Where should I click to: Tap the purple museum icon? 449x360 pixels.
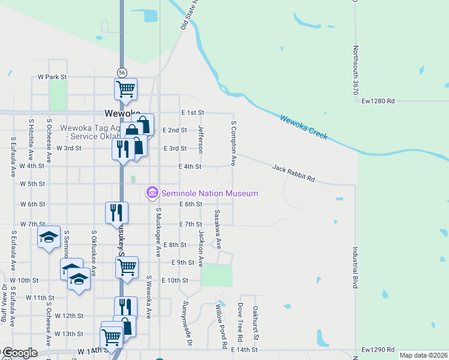pos(152,193)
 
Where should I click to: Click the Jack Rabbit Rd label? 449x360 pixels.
pos(294,174)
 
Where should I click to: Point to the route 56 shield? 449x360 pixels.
pos(122,71)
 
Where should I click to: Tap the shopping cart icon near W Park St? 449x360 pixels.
pos(126,89)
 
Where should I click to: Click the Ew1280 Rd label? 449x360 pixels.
pos(378,101)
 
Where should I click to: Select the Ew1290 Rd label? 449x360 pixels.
pos(378,350)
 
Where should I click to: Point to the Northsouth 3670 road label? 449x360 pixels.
pos(355,70)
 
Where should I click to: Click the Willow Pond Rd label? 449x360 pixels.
pos(220,327)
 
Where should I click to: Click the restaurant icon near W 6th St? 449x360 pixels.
pos(116,212)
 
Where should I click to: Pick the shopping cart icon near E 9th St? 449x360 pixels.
pos(127,268)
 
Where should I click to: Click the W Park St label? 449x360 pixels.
pos(52,77)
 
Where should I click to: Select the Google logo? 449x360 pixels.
pos(20,353)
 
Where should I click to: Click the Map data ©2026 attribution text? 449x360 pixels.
pos(423,355)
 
